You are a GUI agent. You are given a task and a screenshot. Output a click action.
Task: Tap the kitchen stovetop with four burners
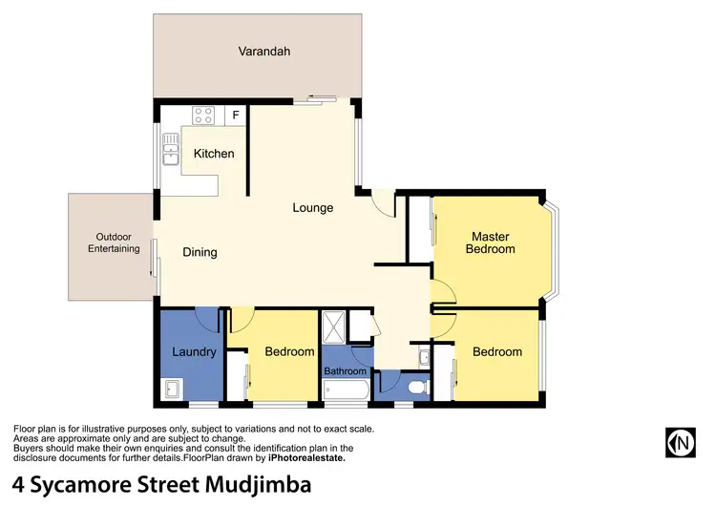pyautogui.click(x=203, y=116)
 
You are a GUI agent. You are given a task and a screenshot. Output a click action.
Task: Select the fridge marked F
pyautogui.click(x=236, y=116)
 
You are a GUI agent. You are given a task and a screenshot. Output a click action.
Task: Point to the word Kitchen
pyautogui.click(x=214, y=154)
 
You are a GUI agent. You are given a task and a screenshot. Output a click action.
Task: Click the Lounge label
pyautogui.click(x=312, y=207)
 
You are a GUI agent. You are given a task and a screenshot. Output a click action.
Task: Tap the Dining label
pyautogui.click(x=200, y=253)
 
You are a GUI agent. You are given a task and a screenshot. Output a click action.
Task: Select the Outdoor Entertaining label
pyautogui.click(x=114, y=242)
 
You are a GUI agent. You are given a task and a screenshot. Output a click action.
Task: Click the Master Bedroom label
pyautogui.click(x=490, y=242)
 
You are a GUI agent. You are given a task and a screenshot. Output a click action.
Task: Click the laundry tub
pyautogui.click(x=172, y=390)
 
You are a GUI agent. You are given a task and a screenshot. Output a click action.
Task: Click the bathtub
pyautogui.click(x=343, y=390)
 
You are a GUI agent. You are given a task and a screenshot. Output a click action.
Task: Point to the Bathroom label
pyautogui.click(x=345, y=370)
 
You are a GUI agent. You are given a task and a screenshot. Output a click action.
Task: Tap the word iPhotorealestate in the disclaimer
pyautogui.click(x=299, y=458)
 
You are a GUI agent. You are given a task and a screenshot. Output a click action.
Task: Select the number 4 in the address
pyautogui.click(x=19, y=484)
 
